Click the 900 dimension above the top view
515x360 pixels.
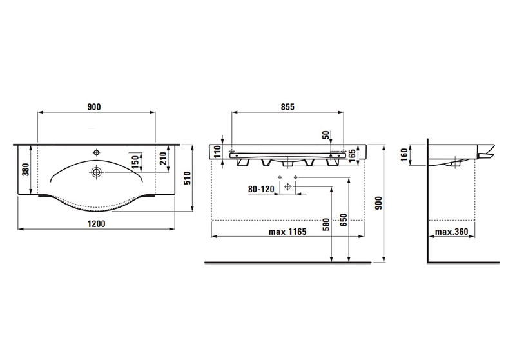tap(94, 107)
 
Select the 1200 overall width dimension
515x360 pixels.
tap(96, 224)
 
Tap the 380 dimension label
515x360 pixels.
tap(26, 169)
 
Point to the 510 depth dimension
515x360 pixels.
tap(187, 178)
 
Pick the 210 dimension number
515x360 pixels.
tap(163, 159)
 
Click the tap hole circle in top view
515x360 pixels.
tap(96, 152)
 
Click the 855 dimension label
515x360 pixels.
tap(287, 107)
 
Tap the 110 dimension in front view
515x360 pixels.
tap(217, 152)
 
